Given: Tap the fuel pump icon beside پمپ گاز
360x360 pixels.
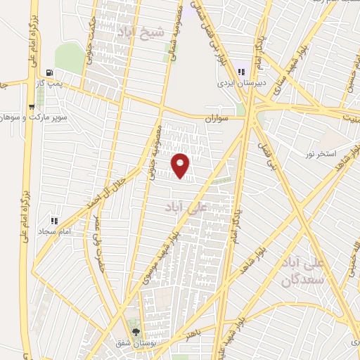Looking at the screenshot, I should [49, 72].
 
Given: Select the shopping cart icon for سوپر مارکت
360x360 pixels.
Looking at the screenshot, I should [31, 107].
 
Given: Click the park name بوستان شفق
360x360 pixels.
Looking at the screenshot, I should [136, 344].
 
